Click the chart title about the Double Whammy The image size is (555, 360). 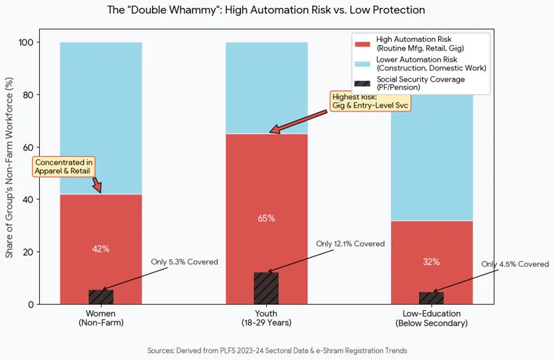click(x=266, y=11)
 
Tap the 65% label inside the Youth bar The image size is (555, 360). click(x=266, y=219)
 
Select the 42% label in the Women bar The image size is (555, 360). click(x=101, y=249)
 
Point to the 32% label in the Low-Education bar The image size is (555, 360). click(x=432, y=262)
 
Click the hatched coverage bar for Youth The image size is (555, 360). click(x=266, y=288)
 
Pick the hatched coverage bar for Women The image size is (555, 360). click(x=101, y=297)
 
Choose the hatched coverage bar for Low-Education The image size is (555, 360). click(x=432, y=298)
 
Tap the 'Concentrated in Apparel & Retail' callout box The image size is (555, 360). click(x=64, y=166)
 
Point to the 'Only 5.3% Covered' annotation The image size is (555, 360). click(x=184, y=262)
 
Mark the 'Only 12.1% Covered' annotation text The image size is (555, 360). click(x=350, y=244)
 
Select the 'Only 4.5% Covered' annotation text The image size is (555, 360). click(x=515, y=264)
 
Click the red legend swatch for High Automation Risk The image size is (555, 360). click(x=362, y=44)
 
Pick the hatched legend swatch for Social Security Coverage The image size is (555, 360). click(x=362, y=83)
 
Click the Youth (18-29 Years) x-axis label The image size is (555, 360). click(x=266, y=318)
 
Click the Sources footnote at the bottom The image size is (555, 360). click(x=277, y=350)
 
